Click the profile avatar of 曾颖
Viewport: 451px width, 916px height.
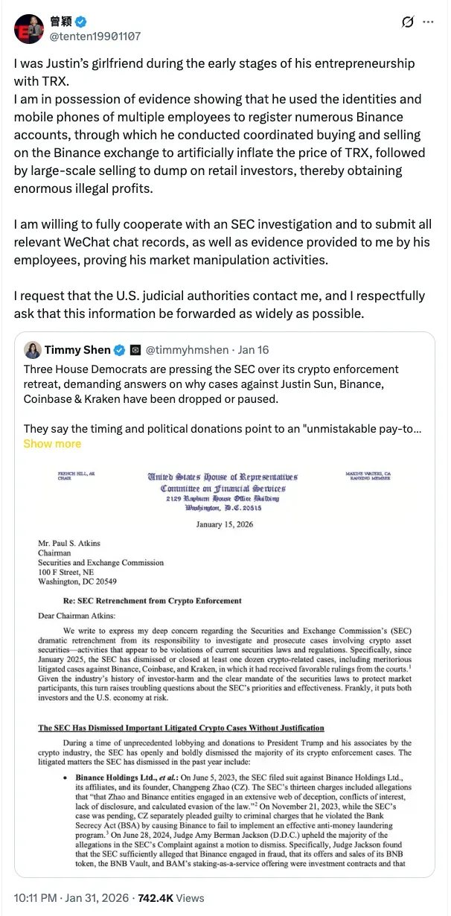click(x=29, y=28)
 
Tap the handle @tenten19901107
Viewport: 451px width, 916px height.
click(x=95, y=36)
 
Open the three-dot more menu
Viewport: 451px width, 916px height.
click(x=428, y=22)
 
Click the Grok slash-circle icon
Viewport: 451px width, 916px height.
click(x=407, y=22)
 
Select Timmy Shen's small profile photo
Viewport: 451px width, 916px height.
click(x=32, y=350)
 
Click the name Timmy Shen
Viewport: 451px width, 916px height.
click(x=77, y=350)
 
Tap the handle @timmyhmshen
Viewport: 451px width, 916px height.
click(x=182, y=350)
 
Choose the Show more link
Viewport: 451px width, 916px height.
click(x=52, y=443)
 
